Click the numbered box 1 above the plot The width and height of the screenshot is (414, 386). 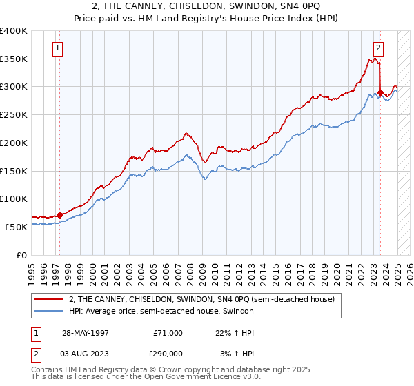pos(57,48)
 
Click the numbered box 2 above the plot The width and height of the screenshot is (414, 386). pos(379,48)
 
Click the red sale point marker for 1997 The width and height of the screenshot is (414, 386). pos(60,215)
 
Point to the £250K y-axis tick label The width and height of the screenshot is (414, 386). pos(14,115)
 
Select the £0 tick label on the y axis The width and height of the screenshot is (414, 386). pos(22,255)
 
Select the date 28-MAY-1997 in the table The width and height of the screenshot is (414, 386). pos(86,333)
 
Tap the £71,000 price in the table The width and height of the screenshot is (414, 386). pos(168,333)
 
